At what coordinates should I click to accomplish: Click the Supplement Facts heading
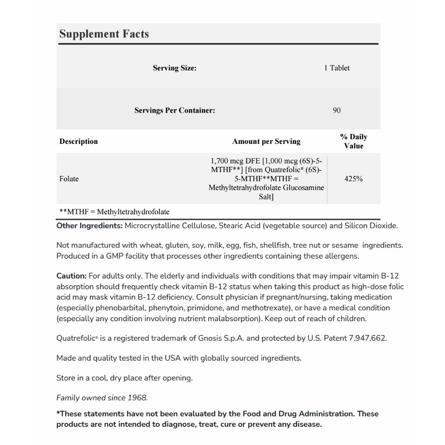(104, 34)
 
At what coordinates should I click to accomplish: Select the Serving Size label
(174, 68)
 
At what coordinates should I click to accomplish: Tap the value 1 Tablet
(337, 68)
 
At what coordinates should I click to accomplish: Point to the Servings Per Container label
(174, 110)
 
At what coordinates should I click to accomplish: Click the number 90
(337, 110)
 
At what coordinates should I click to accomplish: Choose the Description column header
(79, 141)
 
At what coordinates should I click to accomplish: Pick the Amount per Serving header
(266, 141)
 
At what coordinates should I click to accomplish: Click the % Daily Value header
(354, 141)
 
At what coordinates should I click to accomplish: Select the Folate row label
(69, 179)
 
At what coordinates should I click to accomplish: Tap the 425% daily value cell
(353, 179)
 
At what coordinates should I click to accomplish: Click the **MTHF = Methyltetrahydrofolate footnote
(114, 212)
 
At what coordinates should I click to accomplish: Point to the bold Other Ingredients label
(90, 226)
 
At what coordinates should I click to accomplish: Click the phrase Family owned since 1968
(102, 398)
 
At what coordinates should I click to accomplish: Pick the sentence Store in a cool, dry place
(124, 378)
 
